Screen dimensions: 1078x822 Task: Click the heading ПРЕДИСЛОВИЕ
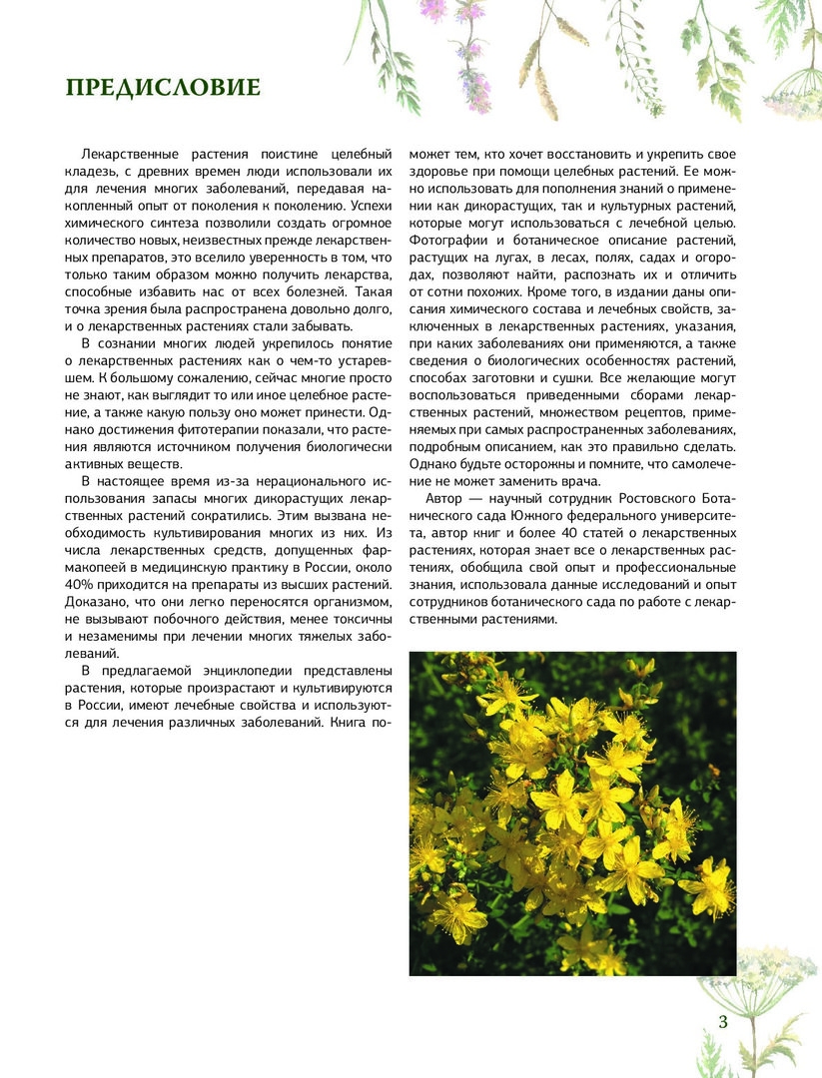pyautogui.click(x=163, y=88)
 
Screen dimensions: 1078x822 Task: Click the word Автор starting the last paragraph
pyautogui.click(x=445, y=498)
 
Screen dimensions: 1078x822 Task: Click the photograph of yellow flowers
pyautogui.click(x=572, y=812)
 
